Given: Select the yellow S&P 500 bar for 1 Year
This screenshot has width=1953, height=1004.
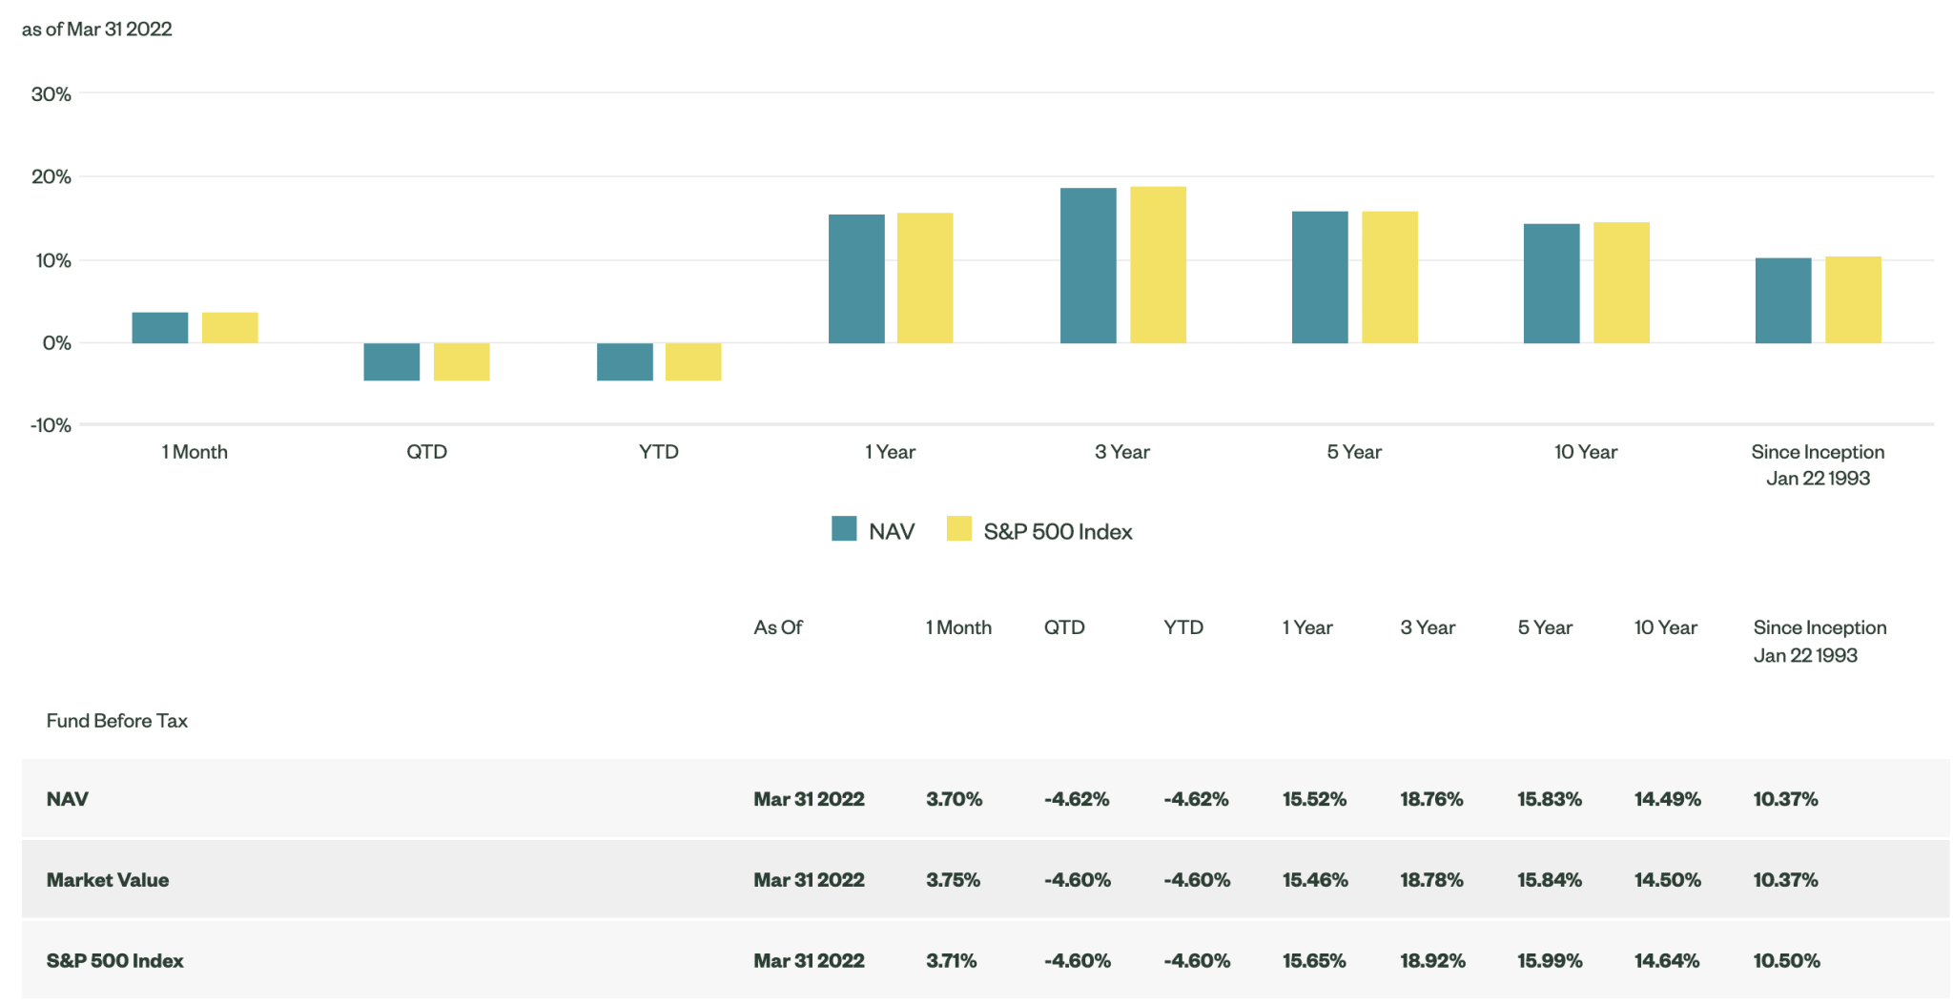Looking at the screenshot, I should click(x=925, y=277).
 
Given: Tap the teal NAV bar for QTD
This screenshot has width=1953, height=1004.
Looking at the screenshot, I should click(x=392, y=361).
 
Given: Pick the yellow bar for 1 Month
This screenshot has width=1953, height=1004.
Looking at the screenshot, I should click(x=230, y=327).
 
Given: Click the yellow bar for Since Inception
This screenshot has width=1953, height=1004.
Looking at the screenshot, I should click(x=1853, y=299).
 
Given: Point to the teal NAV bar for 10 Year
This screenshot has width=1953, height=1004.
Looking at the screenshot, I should click(x=1552, y=283).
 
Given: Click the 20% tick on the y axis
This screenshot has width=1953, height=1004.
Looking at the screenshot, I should click(x=51, y=176).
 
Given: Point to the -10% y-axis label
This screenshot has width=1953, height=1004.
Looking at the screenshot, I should click(x=51, y=425).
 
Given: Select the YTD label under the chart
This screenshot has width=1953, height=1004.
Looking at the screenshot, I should click(x=659, y=452).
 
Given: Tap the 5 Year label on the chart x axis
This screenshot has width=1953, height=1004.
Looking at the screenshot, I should click(x=1354, y=452).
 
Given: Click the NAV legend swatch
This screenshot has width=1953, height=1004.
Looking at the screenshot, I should click(x=844, y=529).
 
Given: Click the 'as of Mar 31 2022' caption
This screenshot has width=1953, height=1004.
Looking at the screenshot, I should click(x=97, y=30).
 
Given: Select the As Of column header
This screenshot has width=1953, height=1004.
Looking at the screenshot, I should click(x=778, y=627).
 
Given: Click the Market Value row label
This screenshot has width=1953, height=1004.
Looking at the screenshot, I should click(x=108, y=880).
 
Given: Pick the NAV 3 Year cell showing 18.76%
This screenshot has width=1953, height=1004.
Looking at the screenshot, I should click(x=1431, y=799).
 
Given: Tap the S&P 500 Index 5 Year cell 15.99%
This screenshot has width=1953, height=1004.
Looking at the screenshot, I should click(x=1550, y=961).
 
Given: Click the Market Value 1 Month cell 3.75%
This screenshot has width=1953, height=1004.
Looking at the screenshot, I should click(x=953, y=880).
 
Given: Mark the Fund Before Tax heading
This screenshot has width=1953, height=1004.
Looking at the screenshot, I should click(x=117, y=721).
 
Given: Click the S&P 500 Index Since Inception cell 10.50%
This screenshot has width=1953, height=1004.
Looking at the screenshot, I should click(x=1786, y=961).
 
